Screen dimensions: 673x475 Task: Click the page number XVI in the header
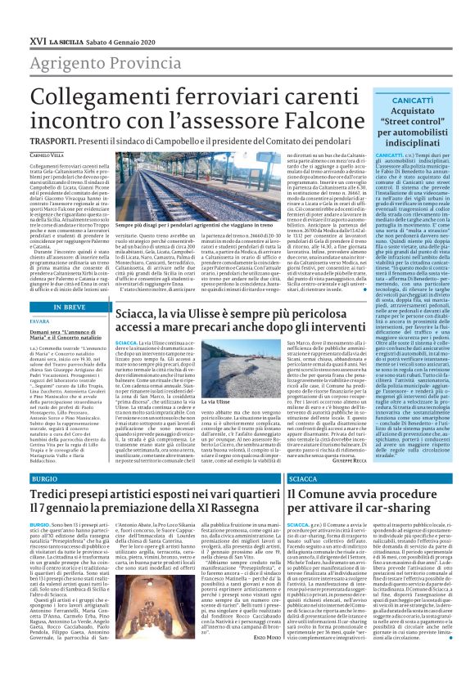(16, 16)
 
